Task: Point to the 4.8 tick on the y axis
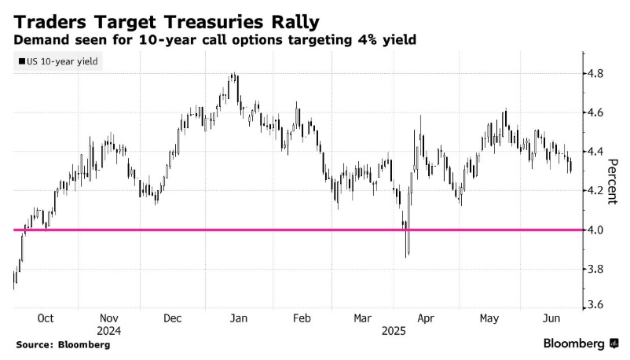pos(597,74)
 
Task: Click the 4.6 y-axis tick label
pos(597,113)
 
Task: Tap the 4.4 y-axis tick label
pos(597,152)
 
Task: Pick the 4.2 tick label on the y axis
pos(597,191)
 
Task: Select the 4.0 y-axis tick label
pos(597,230)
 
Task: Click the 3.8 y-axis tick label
pos(597,269)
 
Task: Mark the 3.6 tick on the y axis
pos(597,305)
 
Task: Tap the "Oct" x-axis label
pos(46,319)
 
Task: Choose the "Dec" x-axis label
pos(173,319)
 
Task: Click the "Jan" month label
pos(239,319)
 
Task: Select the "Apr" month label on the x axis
pos(425,319)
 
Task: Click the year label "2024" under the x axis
pos(109,331)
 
